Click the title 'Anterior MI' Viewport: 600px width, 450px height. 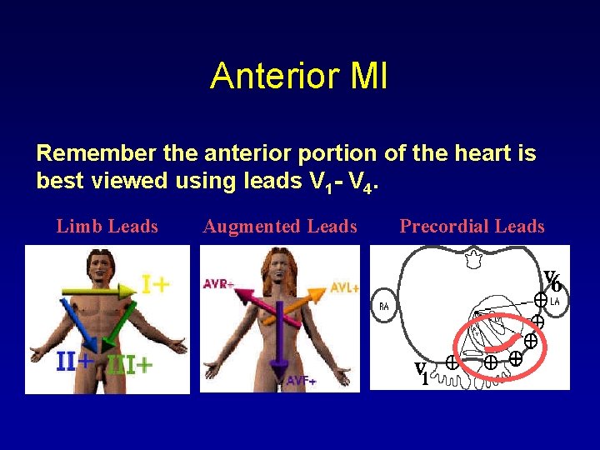298,76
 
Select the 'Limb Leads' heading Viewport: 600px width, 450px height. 107,227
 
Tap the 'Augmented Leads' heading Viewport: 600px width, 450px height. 280,227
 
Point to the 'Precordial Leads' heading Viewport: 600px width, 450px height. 472,227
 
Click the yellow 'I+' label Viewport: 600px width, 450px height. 156,285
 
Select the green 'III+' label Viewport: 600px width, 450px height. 129,365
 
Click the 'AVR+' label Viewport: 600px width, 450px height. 218,284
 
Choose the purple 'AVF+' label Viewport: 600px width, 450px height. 302,381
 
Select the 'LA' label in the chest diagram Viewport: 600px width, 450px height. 554,300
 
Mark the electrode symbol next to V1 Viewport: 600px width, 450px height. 451,362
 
